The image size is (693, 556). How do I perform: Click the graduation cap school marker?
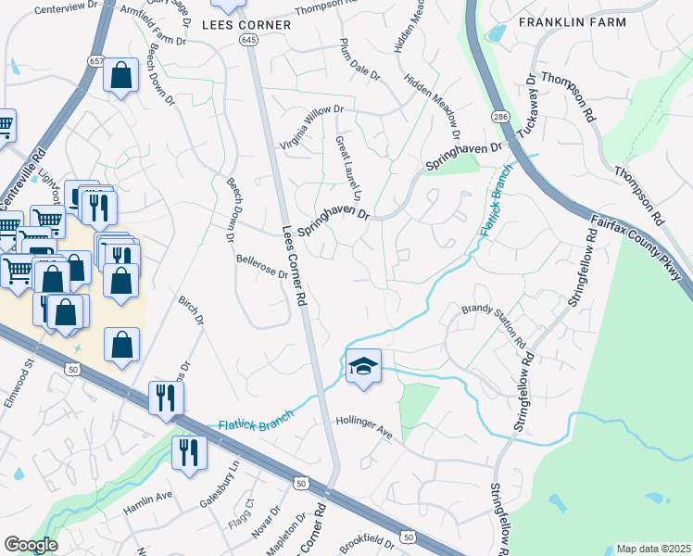click(x=364, y=366)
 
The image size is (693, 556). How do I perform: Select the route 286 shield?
click(x=500, y=117)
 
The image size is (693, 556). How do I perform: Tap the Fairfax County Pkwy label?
click(x=638, y=246)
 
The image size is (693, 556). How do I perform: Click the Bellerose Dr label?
click(x=262, y=267)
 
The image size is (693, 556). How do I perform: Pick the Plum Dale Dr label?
click(x=359, y=59)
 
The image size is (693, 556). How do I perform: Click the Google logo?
click(x=31, y=545)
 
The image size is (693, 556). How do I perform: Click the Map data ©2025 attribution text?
click(x=653, y=549)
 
